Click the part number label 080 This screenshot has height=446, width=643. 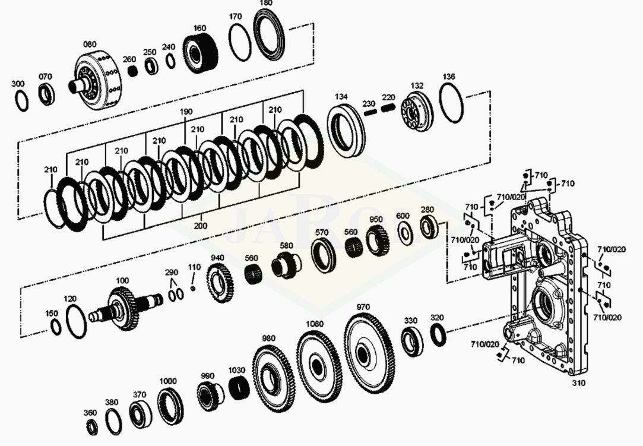90,45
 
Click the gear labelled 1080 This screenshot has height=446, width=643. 319,365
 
